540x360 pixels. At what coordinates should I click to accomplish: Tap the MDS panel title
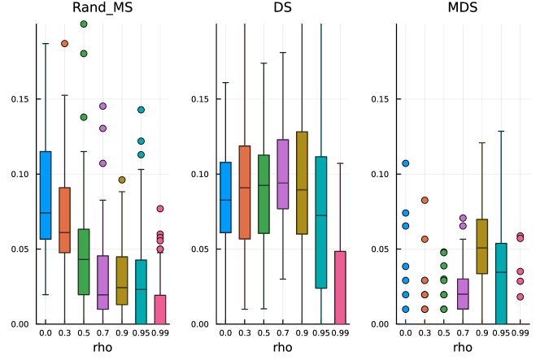(x=463, y=9)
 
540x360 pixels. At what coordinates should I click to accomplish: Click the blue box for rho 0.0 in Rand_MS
(x=46, y=195)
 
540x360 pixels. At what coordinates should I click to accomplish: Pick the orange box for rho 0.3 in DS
(x=244, y=193)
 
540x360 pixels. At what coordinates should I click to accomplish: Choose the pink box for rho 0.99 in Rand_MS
(x=160, y=309)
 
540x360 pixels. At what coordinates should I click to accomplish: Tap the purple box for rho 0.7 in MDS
(x=462, y=293)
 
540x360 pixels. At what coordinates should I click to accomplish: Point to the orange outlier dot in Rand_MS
(x=64, y=44)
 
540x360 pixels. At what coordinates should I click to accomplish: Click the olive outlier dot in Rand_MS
(x=122, y=180)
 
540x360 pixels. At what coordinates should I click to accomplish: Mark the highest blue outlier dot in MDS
(x=406, y=163)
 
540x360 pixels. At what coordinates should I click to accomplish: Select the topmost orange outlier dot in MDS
(x=425, y=200)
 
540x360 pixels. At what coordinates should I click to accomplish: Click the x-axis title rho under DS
(x=282, y=347)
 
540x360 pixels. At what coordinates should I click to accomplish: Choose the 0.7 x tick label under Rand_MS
(x=102, y=332)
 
